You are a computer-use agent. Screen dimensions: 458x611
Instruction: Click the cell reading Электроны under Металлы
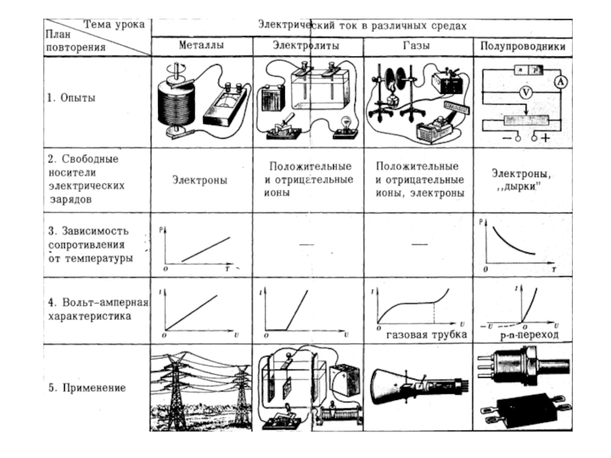point(201,181)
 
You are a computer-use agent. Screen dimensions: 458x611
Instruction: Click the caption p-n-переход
point(525,334)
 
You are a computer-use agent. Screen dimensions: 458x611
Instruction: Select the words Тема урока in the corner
point(115,24)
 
